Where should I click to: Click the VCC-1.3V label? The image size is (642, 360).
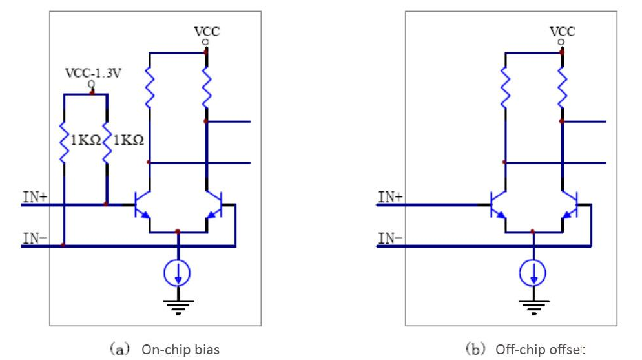point(92,72)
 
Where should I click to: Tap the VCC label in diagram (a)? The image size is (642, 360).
point(206,31)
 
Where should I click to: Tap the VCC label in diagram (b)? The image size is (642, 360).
point(562,31)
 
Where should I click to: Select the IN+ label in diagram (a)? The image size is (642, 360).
point(34,196)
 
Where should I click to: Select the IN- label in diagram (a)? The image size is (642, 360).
point(34,238)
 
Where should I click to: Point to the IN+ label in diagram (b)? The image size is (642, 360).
point(389,196)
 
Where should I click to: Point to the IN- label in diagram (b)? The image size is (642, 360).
point(389,238)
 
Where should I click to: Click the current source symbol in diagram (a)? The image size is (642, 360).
point(178,274)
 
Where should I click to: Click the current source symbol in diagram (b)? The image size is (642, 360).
point(533,274)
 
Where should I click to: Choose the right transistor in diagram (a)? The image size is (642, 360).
point(214,205)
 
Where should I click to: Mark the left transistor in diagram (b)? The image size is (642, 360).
point(498,205)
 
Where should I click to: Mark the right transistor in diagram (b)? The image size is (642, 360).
point(570,205)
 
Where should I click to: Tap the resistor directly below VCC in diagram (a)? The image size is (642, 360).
point(206,88)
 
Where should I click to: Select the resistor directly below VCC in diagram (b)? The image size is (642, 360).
point(562,88)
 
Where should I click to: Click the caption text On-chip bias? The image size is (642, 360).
point(180,350)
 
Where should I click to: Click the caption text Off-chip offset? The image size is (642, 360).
point(540,350)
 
